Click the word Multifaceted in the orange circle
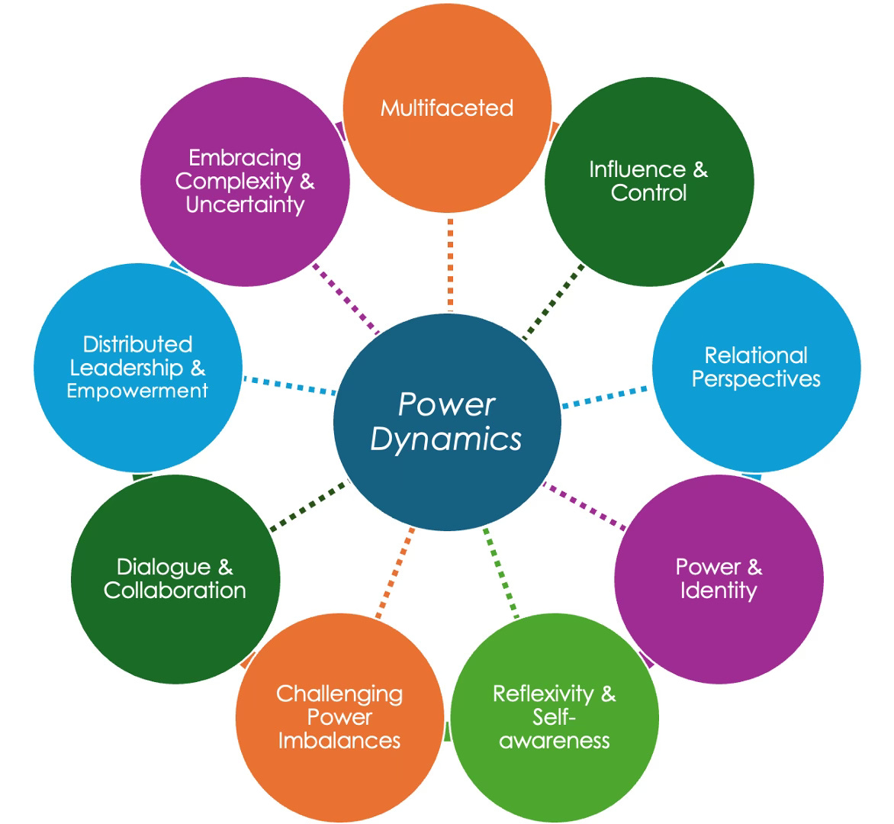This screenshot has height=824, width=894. [x=447, y=108]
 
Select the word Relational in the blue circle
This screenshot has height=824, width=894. [x=756, y=356]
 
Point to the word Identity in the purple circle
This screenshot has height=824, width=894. [x=719, y=591]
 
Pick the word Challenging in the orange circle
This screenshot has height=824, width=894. [x=339, y=694]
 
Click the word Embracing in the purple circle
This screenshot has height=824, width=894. [x=245, y=158]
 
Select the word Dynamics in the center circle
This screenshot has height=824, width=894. [x=446, y=439]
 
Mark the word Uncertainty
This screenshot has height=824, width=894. [x=245, y=204]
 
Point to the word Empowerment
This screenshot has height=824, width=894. [x=137, y=391]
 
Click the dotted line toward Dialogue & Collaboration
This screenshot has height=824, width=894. [x=309, y=505]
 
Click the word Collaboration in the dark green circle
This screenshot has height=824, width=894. [x=175, y=591]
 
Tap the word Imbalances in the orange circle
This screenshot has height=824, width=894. [x=339, y=740]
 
